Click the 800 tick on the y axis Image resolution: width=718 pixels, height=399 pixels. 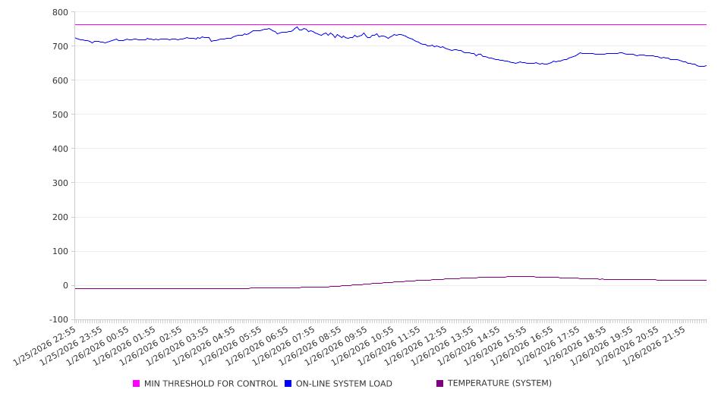60,12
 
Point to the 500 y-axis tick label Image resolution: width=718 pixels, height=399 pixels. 60,115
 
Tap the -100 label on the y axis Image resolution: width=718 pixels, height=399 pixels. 58,320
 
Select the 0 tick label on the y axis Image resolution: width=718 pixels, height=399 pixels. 65,286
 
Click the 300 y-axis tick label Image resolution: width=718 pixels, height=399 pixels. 60,183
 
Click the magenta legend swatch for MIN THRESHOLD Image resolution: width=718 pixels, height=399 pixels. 137,384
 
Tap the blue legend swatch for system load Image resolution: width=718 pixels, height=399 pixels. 288,384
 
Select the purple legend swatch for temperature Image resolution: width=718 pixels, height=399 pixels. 440,384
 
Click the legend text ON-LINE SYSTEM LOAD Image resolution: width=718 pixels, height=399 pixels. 344,384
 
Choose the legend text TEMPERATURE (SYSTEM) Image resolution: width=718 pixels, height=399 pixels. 499,384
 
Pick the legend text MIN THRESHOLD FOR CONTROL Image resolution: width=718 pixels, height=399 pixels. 211,384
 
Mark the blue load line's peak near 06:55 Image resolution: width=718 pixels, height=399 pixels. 297,27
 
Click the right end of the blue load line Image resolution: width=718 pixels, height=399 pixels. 706,65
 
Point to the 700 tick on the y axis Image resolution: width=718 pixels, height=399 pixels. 60,46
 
